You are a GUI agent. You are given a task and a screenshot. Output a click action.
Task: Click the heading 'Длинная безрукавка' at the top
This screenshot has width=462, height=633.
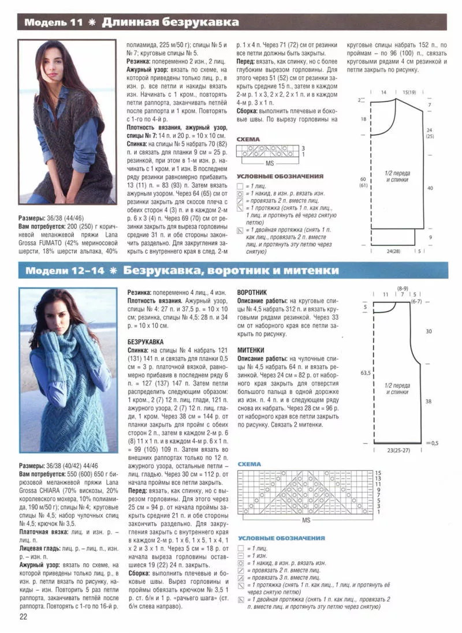pyautogui.click(x=170, y=23)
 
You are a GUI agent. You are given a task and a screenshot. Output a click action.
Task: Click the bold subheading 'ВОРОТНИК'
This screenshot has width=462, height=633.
pyautogui.click(x=252, y=293)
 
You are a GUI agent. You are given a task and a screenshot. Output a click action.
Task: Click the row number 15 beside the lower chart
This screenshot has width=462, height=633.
pyautogui.click(x=378, y=472)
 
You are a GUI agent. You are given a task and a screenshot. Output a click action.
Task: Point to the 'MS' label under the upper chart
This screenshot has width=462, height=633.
pyautogui.click(x=269, y=163)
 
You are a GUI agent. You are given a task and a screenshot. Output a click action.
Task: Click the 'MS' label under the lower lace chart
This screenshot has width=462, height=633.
pyautogui.click(x=306, y=520)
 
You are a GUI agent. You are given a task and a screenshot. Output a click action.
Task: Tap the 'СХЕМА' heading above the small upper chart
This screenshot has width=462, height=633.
pyautogui.click(x=248, y=139)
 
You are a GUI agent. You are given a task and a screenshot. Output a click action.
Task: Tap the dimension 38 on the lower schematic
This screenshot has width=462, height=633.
pyautogui.click(x=429, y=400)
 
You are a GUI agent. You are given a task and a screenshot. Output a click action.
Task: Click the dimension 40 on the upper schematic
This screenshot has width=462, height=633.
pyautogui.click(x=429, y=188)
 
